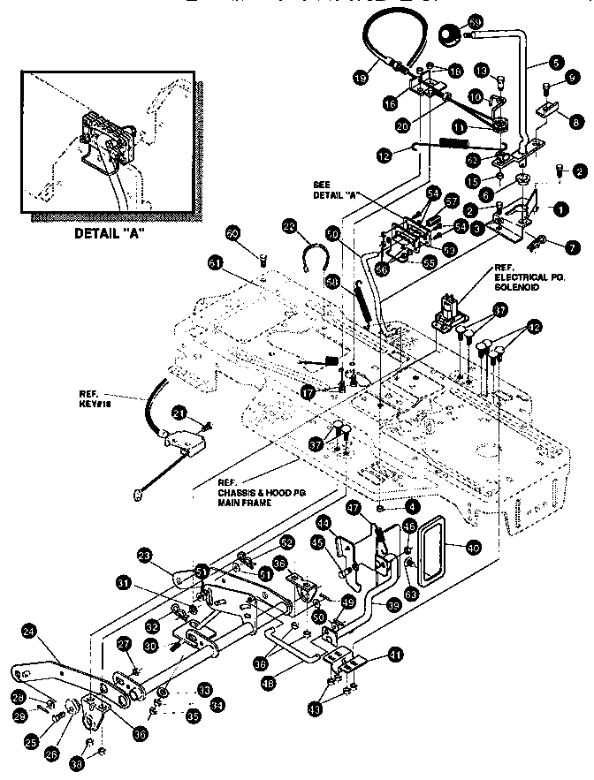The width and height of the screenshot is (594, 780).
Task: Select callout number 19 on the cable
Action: pyautogui.click(x=360, y=78)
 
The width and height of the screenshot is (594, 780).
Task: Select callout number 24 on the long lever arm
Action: pyautogui.click(x=28, y=631)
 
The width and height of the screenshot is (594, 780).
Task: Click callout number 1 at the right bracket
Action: pyautogui.click(x=559, y=209)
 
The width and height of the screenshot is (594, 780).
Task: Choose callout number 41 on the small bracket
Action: pyautogui.click(x=394, y=655)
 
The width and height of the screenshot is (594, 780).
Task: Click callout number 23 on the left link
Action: pyautogui.click(x=144, y=556)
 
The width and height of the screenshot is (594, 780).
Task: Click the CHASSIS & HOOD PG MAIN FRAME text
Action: pyautogui.click(x=247, y=492)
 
